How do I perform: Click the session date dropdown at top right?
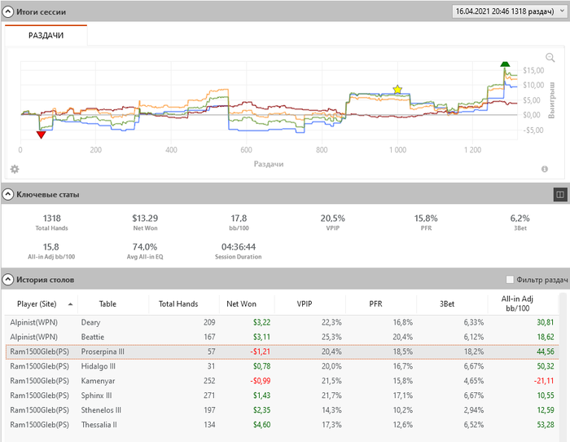click(506, 11)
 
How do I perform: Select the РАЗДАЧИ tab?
click(46, 35)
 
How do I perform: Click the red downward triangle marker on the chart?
click(41, 135)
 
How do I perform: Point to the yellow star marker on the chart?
click(397, 89)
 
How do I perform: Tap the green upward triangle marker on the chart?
click(505, 64)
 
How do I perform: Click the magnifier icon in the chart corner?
click(550, 58)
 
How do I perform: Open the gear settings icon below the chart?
click(14, 169)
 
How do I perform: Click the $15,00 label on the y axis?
click(533, 70)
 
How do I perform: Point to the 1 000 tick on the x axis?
click(397, 151)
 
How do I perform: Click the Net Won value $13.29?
click(145, 218)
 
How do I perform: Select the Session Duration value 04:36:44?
click(239, 246)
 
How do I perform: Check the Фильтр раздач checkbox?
click(511, 280)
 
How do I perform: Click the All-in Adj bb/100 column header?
click(521, 303)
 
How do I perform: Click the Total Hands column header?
click(178, 303)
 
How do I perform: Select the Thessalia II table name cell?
click(99, 425)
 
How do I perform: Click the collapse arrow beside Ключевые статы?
click(8, 194)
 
